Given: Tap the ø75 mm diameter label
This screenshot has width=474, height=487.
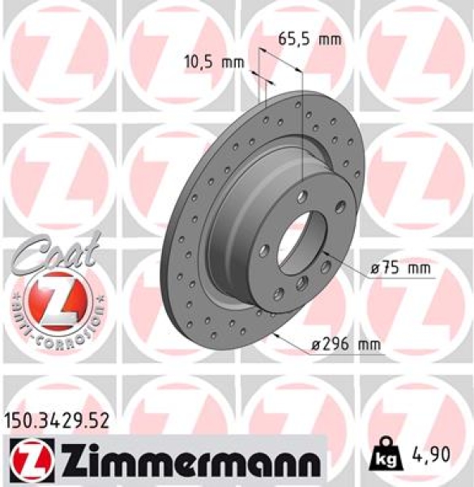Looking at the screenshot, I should tap(396, 269).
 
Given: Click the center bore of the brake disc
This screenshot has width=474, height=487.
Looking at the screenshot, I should tap(300, 243).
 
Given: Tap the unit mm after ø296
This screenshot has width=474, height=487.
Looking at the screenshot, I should tap(369, 345).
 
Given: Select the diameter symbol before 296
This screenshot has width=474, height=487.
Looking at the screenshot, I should tap(316, 345).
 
